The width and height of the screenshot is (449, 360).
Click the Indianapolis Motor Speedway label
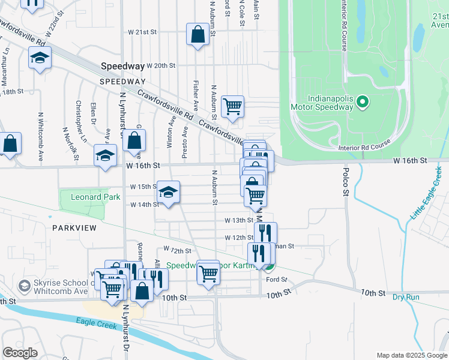[x=330, y=103]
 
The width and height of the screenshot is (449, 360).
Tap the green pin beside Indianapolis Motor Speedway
[x=361, y=103]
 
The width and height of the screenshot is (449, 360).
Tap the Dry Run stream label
[x=406, y=297]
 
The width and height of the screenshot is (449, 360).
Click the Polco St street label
[x=346, y=187]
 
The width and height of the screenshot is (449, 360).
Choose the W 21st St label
[x=142, y=32]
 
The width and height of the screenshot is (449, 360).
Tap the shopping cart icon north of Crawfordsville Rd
[x=232, y=107]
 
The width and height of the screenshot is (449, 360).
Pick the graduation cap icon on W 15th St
[x=168, y=192]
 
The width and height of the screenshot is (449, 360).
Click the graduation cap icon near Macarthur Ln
[x=40, y=58]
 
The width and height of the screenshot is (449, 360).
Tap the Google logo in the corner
[x=20, y=353]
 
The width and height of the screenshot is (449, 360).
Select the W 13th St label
[x=239, y=220]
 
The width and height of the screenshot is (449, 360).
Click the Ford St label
[x=277, y=280]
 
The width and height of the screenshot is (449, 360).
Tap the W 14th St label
[x=144, y=205]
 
